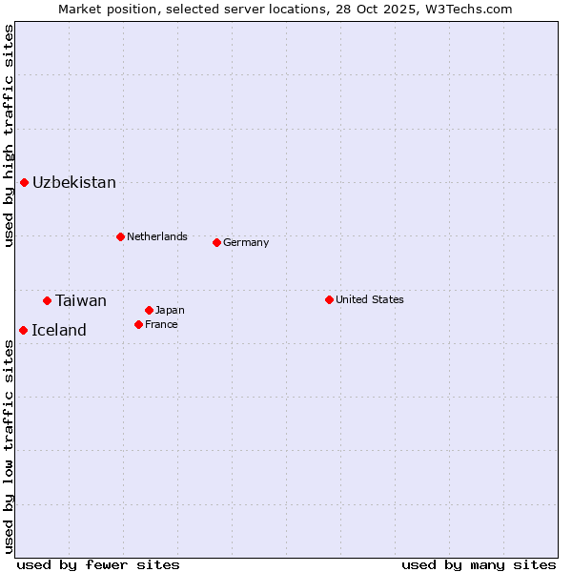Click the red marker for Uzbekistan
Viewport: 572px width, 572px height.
point(24,182)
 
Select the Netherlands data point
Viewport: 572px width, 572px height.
point(120,236)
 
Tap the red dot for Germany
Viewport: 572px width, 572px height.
point(216,242)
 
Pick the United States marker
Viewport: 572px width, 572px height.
point(329,299)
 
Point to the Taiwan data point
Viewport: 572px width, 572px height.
point(47,300)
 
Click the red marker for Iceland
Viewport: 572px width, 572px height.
point(23,330)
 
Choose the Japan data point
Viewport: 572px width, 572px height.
point(149,310)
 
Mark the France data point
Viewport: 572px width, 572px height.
point(138,324)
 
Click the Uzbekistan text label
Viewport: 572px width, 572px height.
point(74,182)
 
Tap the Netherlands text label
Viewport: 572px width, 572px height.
point(157,236)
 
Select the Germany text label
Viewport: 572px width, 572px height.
point(246,242)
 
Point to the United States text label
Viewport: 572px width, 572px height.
point(370,299)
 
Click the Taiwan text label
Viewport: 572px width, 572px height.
point(81,300)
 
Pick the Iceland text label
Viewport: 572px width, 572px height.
point(59,330)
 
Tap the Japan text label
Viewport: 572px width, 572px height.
point(170,310)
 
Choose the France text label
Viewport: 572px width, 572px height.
point(161,324)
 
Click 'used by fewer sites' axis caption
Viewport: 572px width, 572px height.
point(98,564)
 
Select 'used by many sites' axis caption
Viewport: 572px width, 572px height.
point(479,564)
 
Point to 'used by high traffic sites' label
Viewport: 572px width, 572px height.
point(9,135)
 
